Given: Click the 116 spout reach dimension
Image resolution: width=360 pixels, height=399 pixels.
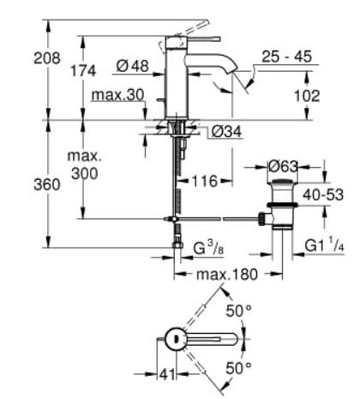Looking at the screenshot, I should click(x=204, y=182).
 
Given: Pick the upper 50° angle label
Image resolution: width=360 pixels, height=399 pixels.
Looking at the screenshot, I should click(x=237, y=311).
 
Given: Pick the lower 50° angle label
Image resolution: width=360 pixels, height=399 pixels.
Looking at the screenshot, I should click(x=237, y=369).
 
